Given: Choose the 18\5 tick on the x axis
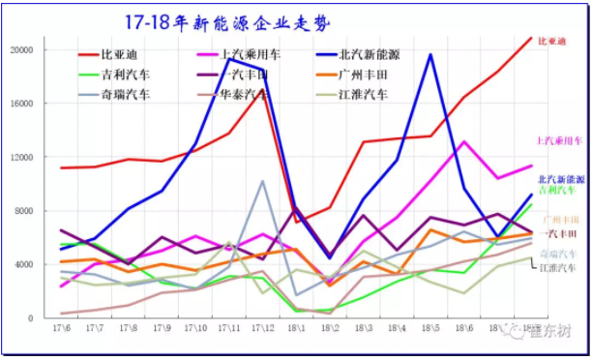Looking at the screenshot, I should click(430, 330).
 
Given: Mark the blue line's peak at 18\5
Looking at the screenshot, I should click(430, 54).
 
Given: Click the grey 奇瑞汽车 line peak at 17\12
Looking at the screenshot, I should click(262, 181).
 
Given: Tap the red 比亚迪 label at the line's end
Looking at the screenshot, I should click(550, 42).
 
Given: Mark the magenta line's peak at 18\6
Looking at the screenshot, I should click(464, 142).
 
